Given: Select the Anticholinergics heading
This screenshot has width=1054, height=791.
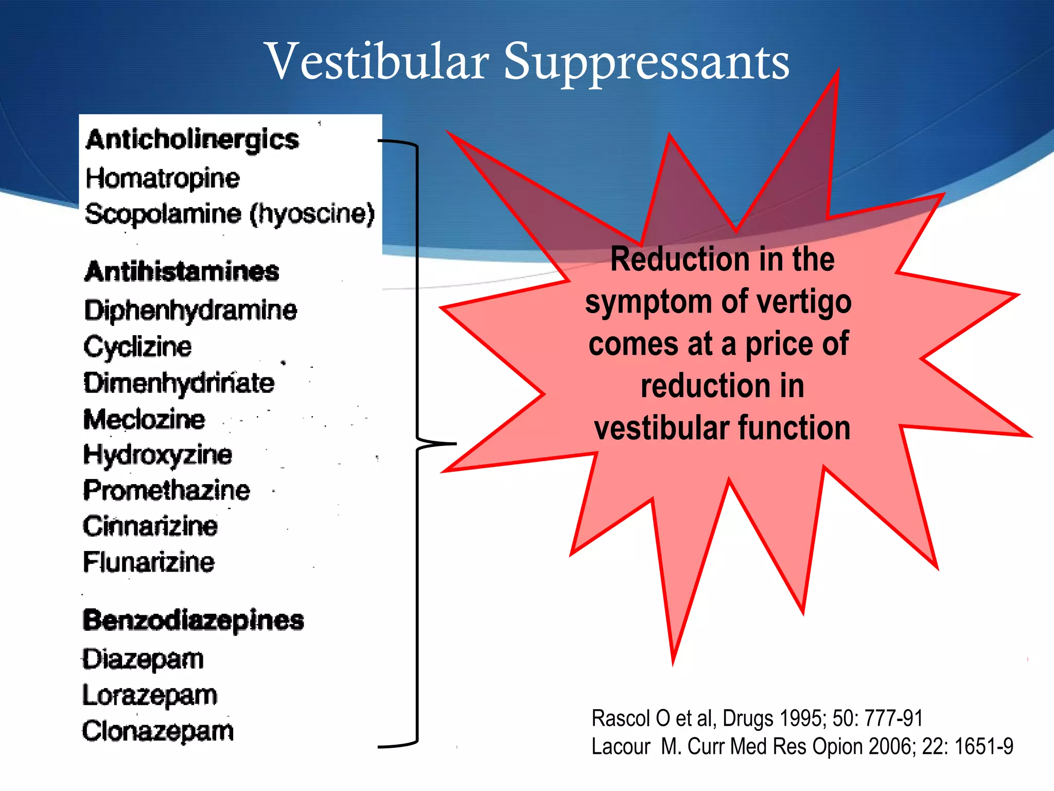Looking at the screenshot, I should [x=192, y=140].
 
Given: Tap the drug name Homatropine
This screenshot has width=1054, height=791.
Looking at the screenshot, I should [x=163, y=179].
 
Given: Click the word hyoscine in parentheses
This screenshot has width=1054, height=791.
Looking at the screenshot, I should [x=312, y=214].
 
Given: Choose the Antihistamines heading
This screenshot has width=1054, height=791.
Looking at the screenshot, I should [x=182, y=271].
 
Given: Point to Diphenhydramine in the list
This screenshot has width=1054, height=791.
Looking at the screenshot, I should [x=190, y=311].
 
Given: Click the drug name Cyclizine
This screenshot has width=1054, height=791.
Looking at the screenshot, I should [x=137, y=347].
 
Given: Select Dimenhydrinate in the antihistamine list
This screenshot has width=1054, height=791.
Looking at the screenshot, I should [x=179, y=383].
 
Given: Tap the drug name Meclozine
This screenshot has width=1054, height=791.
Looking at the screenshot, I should [x=144, y=419].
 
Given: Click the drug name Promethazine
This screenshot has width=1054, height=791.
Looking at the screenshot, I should [x=167, y=490].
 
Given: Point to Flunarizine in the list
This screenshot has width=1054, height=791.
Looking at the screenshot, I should [x=149, y=562].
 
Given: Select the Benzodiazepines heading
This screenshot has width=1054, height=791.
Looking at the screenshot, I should [x=194, y=621].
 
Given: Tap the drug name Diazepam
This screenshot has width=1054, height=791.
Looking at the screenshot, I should [x=143, y=660].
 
